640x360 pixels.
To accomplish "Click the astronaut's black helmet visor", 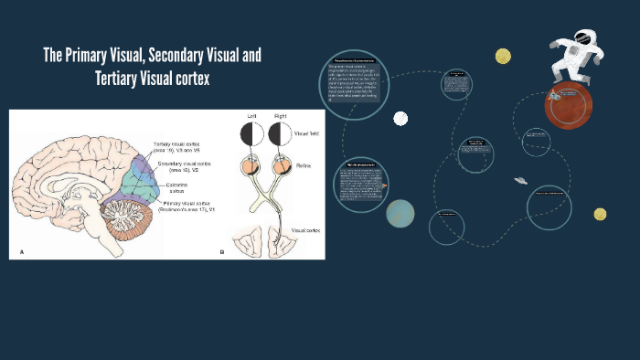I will click(583, 39).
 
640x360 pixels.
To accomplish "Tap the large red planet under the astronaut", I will click(564, 106).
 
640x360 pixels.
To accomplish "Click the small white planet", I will click(400, 118).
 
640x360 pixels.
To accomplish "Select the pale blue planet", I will click(400, 213).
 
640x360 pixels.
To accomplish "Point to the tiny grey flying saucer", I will click(521, 181).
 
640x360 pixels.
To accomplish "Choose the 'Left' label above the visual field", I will click(250, 118).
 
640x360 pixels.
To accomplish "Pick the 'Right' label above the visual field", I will click(279, 118).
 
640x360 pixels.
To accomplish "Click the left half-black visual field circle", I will click(251, 135).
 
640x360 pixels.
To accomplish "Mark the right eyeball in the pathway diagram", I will click(279, 166).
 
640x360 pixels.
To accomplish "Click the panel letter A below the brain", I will click(21, 250).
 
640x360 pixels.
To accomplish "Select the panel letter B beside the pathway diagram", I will click(221, 250).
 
